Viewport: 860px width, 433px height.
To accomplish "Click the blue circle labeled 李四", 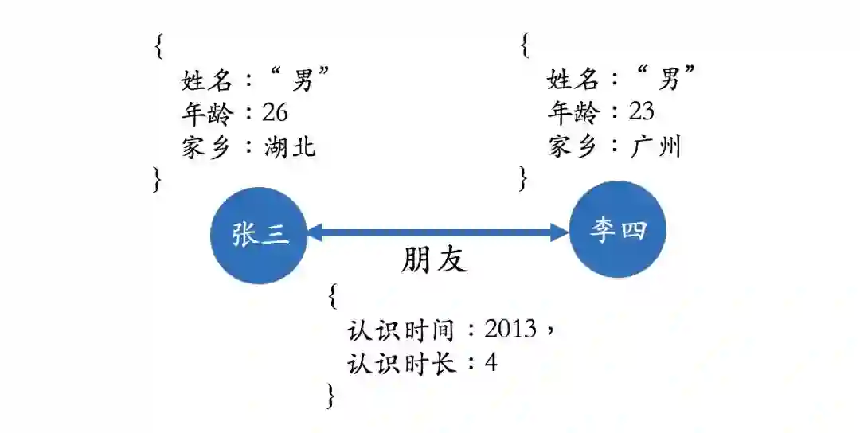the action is tap(618, 230).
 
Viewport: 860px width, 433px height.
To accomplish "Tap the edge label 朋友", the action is tap(434, 259).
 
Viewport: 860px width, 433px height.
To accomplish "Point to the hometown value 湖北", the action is tap(290, 146).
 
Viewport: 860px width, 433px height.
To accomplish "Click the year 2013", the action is tap(510, 329).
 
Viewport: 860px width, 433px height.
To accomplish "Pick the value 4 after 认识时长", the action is tap(491, 363).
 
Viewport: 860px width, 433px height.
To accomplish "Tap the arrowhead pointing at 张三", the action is tap(313, 232).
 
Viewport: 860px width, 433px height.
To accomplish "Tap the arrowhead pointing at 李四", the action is tap(561, 232).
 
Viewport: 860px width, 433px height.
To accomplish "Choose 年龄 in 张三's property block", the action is tap(207, 113).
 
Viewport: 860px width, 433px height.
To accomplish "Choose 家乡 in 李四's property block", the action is tap(573, 146).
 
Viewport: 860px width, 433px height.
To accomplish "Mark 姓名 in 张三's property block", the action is tap(207, 79).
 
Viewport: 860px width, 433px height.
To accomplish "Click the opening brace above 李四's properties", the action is tap(525, 46).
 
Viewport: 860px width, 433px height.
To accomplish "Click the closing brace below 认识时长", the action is tap(330, 396).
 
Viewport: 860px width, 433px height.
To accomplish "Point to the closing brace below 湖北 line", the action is tap(158, 180).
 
